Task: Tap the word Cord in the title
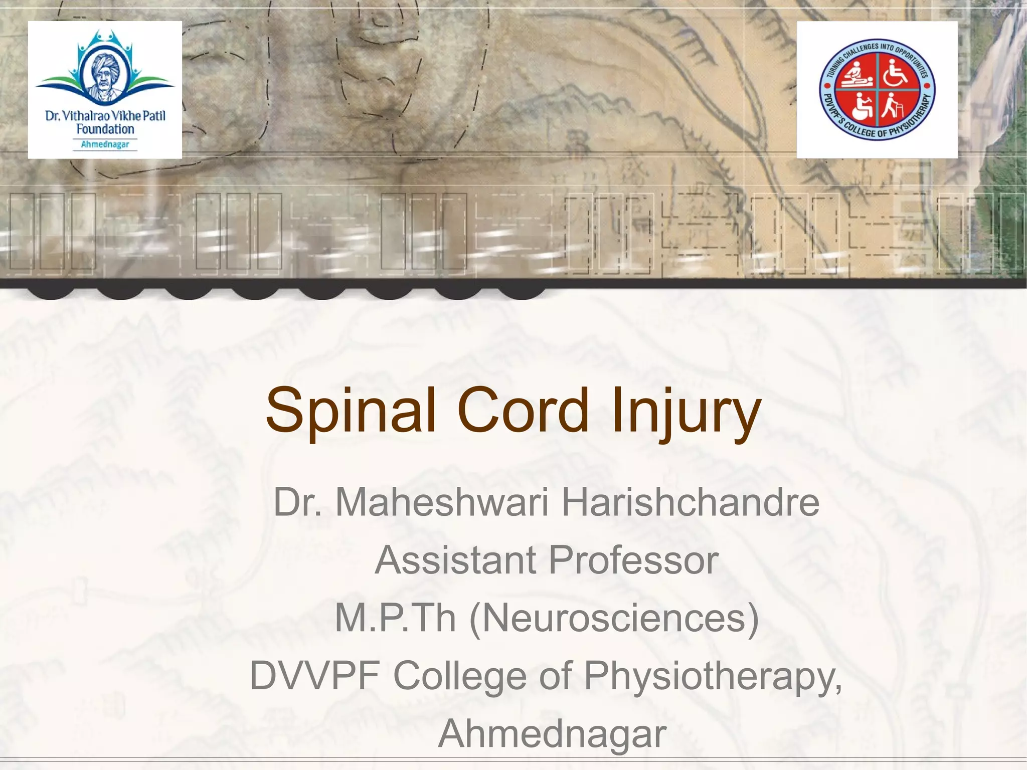[523, 410]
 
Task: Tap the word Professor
[634, 560]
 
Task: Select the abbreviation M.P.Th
[395, 618]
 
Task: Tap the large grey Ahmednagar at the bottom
[552, 733]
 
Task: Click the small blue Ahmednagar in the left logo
[105, 144]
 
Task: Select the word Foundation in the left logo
[105, 129]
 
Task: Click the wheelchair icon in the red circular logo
[895, 72]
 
